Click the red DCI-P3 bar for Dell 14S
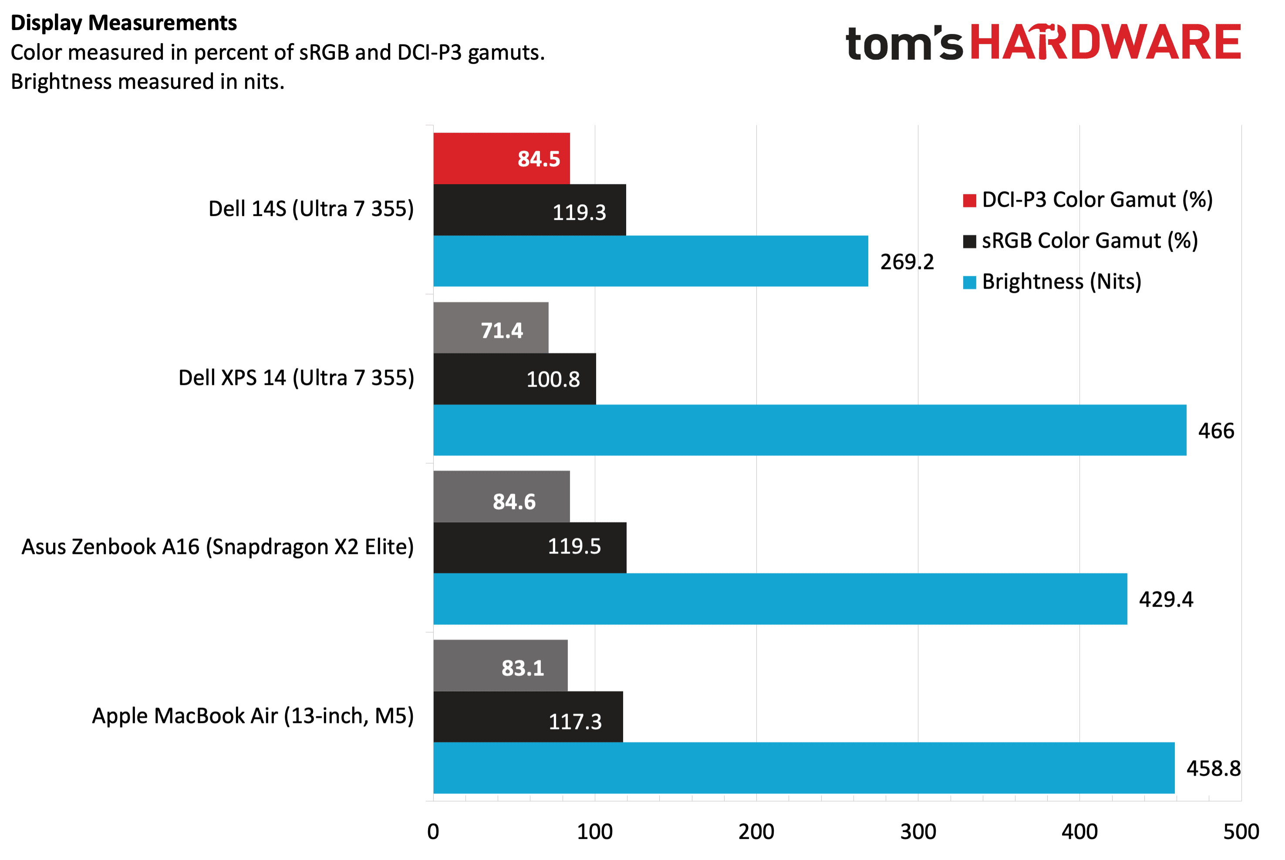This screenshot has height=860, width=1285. (501, 159)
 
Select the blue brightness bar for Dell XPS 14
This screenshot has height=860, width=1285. (809, 430)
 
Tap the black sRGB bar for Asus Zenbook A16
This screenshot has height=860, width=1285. (530, 547)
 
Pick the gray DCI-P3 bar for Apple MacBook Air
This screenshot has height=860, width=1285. (500, 665)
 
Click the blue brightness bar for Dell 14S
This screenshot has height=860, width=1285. (651, 261)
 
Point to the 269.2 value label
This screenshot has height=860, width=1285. (907, 262)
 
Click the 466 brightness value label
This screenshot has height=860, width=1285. (1216, 431)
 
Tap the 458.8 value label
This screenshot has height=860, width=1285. (1213, 769)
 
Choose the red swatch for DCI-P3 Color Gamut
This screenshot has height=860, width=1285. (969, 201)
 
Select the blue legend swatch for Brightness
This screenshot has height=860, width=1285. (969, 283)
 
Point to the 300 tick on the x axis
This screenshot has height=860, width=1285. (917, 832)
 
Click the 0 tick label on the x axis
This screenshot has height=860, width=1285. (433, 832)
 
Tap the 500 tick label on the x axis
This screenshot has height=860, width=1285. (1241, 832)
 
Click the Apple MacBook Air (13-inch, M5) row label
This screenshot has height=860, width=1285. (253, 716)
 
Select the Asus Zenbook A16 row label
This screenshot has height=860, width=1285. (218, 547)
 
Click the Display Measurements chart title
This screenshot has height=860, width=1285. (124, 23)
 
